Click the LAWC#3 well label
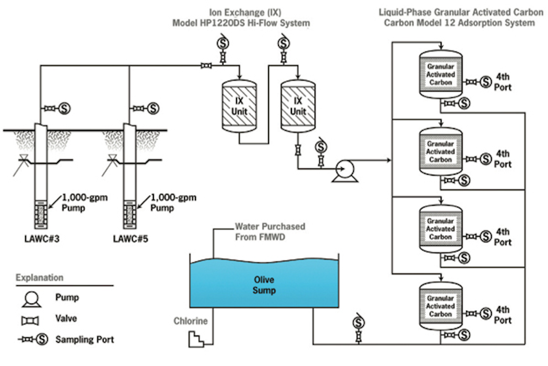coord(42,239)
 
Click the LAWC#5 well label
coord(131,239)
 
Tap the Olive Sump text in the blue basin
coord(264,285)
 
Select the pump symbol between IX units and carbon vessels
coord(345,170)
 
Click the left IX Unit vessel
coord(239,106)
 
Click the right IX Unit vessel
coord(298,106)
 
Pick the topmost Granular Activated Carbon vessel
coord(441,75)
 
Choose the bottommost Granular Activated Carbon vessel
coord(441,306)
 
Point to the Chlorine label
coord(191,321)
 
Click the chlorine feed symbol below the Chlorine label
coord(196,339)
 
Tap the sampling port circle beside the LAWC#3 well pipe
coord(64,109)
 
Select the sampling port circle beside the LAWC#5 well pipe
coord(153,109)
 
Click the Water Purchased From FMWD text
coord(270,232)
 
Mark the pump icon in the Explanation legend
coord(31,299)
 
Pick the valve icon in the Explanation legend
coord(30,321)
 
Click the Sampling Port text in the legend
coord(84,339)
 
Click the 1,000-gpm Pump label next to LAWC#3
coord(84,202)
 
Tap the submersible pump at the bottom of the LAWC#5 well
coord(129,216)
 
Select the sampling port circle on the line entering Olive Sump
coord(358,323)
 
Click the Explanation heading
coord(40,277)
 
